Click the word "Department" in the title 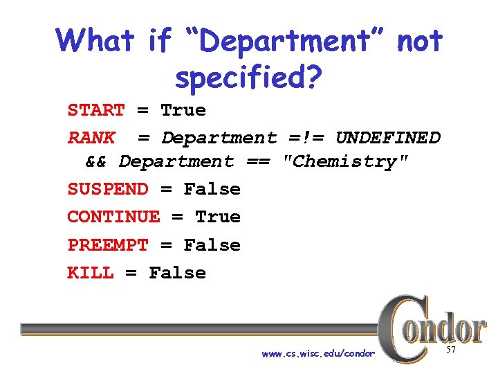(285, 42)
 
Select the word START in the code (96, 111)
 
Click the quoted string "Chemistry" (346, 162)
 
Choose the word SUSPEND (108, 190)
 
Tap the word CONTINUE (113, 217)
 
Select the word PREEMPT (108, 245)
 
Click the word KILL (91, 273)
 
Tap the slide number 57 (451, 351)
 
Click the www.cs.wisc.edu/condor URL (318, 354)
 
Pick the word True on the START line (183, 111)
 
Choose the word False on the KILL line (178, 273)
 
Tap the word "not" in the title (419, 42)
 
